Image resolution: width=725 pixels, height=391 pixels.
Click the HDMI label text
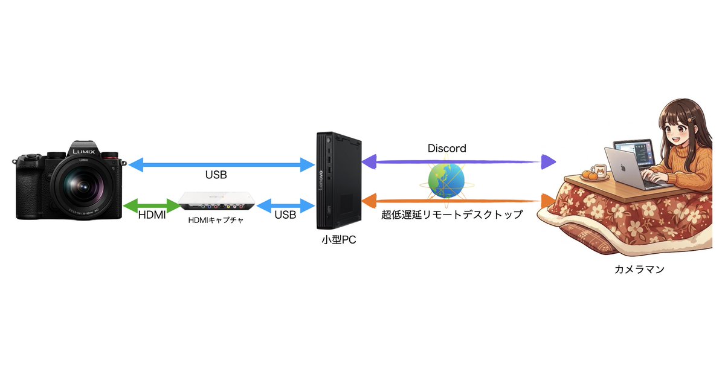click(x=152, y=215)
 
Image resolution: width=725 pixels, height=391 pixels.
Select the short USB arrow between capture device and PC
click(x=285, y=205)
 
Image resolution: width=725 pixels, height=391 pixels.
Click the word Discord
click(x=446, y=148)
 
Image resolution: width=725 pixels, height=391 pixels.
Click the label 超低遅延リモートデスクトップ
click(x=452, y=215)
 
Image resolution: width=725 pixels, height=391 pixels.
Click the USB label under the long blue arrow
click(x=216, y=175)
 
